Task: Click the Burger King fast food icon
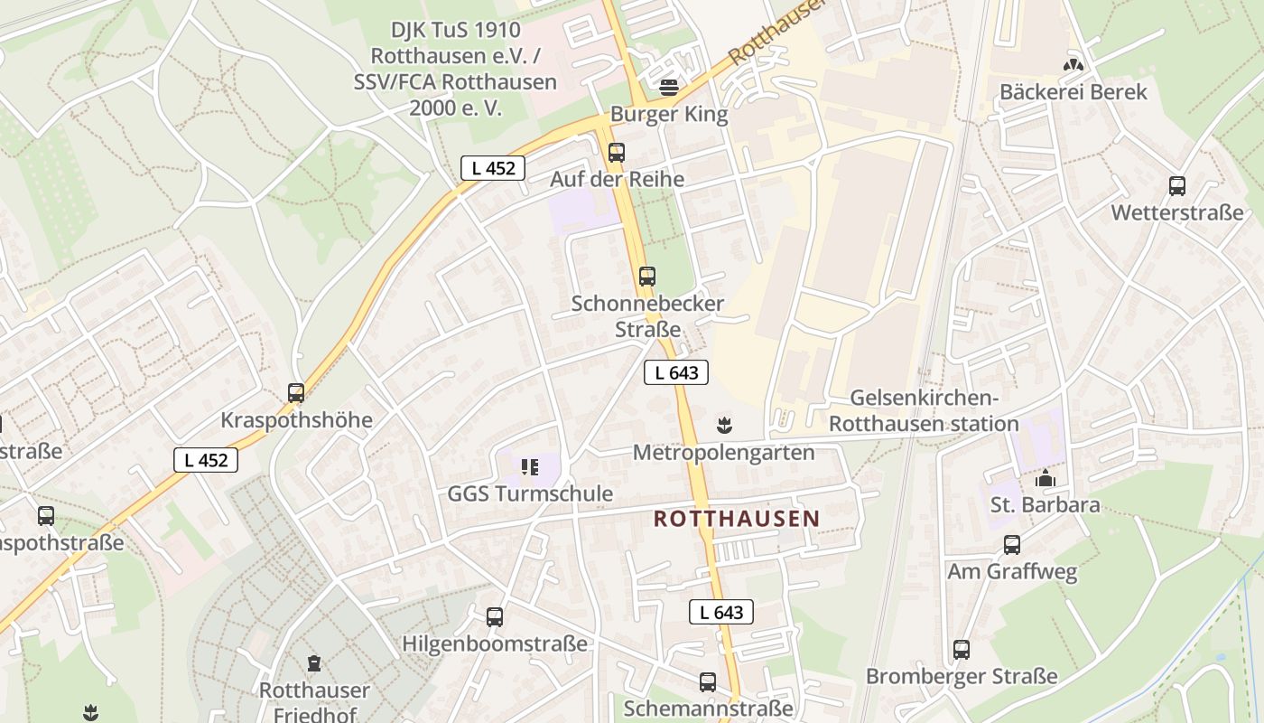coord(669,88)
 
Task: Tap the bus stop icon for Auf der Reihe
coord(617,153)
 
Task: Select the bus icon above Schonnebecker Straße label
coord(647,277)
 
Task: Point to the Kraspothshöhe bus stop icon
coord(296,393)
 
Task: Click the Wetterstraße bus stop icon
coord(1177,186)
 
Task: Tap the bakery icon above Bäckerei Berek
coord(1073,65)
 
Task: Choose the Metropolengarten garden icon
coord(723,424)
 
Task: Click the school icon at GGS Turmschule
coord(530,467)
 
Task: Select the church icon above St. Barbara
coord(1046,478)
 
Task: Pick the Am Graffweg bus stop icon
coord(1012,545)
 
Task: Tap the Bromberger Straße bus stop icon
coord(962,650)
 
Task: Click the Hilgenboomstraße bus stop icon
coord(495,617)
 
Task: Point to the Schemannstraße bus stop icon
coord(708,682)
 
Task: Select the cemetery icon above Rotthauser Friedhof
coord(314,663)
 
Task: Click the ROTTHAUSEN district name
coord(737,519)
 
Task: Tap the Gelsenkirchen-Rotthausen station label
coord(924,411)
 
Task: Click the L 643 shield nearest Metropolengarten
coord(676,371)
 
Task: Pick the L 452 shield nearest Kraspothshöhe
coord(206,460)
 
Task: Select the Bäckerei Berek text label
coord(1073,92)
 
